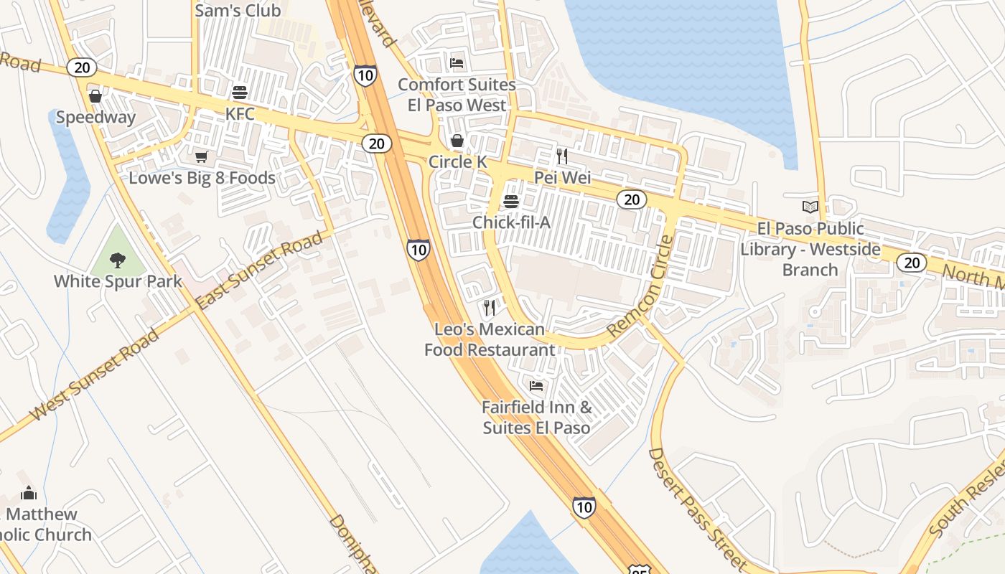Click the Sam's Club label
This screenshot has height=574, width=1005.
click(x=238, y=11)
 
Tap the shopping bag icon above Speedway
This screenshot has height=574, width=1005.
click(x=95, y=95)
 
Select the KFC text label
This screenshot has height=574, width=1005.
click(x=240, y=114)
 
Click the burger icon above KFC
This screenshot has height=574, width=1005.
click(x=240, y=93)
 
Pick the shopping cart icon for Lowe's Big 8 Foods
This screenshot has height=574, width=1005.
click(x=201, y=156)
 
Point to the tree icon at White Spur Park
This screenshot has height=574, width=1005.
click(x=118, y=259)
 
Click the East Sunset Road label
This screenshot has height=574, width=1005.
click(x=259, y=270)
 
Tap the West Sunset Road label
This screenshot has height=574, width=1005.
click(x=95, y=375)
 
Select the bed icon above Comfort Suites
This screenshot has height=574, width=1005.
click(x=457, y=63)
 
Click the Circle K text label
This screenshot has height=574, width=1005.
click(x=457, y=161)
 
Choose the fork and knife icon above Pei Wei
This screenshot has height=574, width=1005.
click(x=562, y=156)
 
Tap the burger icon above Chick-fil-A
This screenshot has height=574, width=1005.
click(x=511, y=201)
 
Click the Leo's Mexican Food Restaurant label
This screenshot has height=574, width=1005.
click(x=490, y=339)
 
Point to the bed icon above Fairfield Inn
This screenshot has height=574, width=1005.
click(x=536, y=386)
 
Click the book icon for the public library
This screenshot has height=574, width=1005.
click(x=810, y=207)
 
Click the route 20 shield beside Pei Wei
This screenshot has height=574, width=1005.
click(x=632, y=199)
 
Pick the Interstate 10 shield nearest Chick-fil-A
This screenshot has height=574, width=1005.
click(x=418, y=249)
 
